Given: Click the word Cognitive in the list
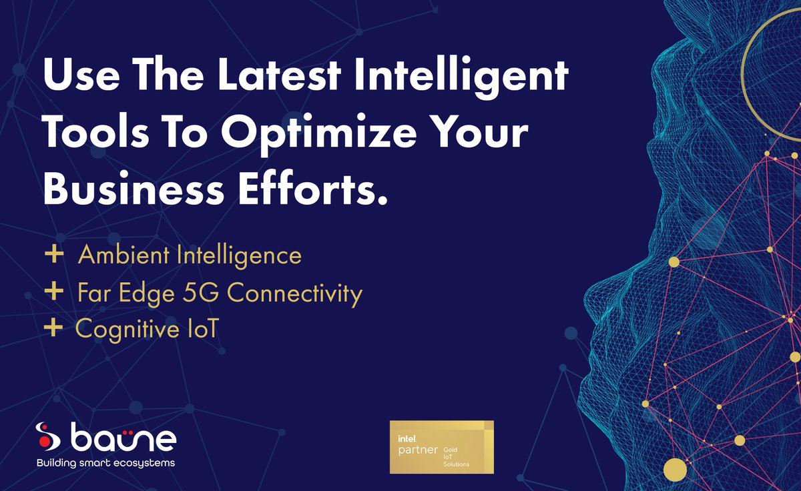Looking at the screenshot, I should tap(125, 330).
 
